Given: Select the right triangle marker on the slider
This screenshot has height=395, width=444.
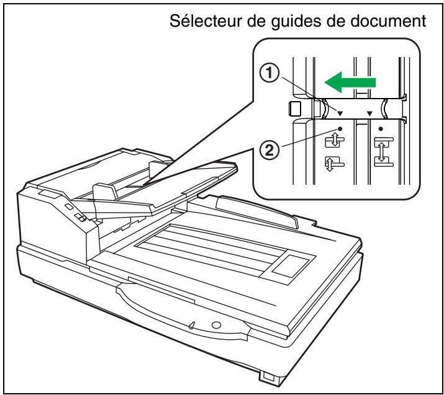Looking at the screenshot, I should [369, 113].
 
